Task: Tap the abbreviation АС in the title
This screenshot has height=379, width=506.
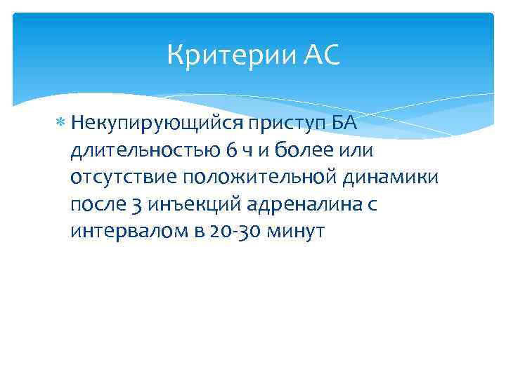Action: click(x=323, y=55)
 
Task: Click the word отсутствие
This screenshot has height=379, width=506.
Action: click(x=115, y=177)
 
